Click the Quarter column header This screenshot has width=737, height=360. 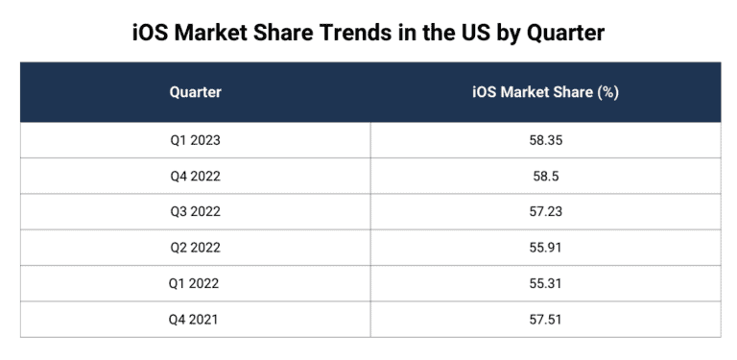[195, 92]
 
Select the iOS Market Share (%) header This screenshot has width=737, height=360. [544, 92]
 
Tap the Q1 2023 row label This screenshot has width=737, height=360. [195, 140]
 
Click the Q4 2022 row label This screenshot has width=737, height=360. [195, 177]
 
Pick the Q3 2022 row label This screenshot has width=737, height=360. [195, 212]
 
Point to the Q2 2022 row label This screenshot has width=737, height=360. [195, 248]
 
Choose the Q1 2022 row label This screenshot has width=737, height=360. [195, 284]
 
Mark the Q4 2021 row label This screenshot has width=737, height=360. [195, 320]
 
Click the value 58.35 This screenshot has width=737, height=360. [544, 140]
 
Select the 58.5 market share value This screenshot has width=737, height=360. [544, 177]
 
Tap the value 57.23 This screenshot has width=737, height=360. [544, 212]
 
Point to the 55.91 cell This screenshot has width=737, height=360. [544, 248]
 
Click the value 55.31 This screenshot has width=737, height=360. [544, 284]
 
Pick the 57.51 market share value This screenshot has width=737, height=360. [544, 320]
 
